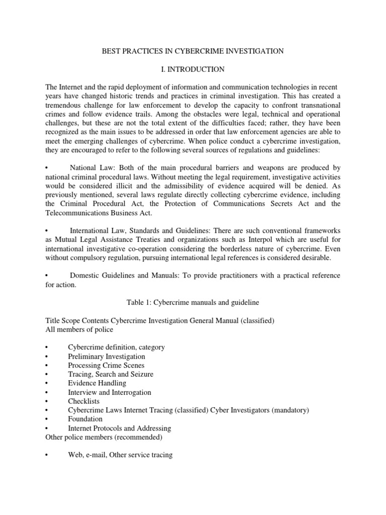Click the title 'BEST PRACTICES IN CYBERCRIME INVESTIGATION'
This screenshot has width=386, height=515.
tap(193, 51)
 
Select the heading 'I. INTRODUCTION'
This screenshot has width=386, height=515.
tap(192, 68)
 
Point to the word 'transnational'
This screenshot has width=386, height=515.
tap(319, 104)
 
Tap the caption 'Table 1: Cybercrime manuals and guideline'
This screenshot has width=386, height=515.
tap(192, 302)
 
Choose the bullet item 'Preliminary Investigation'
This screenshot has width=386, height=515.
tap(107, 356)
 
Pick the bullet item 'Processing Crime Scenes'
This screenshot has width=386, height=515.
tap(106, 365)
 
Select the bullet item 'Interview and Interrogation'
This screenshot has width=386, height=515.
tap(109, 392)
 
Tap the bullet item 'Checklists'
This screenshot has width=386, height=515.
tap(83, 401)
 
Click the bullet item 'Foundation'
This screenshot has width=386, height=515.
tap(85, 419)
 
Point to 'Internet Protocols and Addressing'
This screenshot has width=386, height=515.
tap(120, 428)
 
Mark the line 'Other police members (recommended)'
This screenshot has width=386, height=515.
tap(104, 437)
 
